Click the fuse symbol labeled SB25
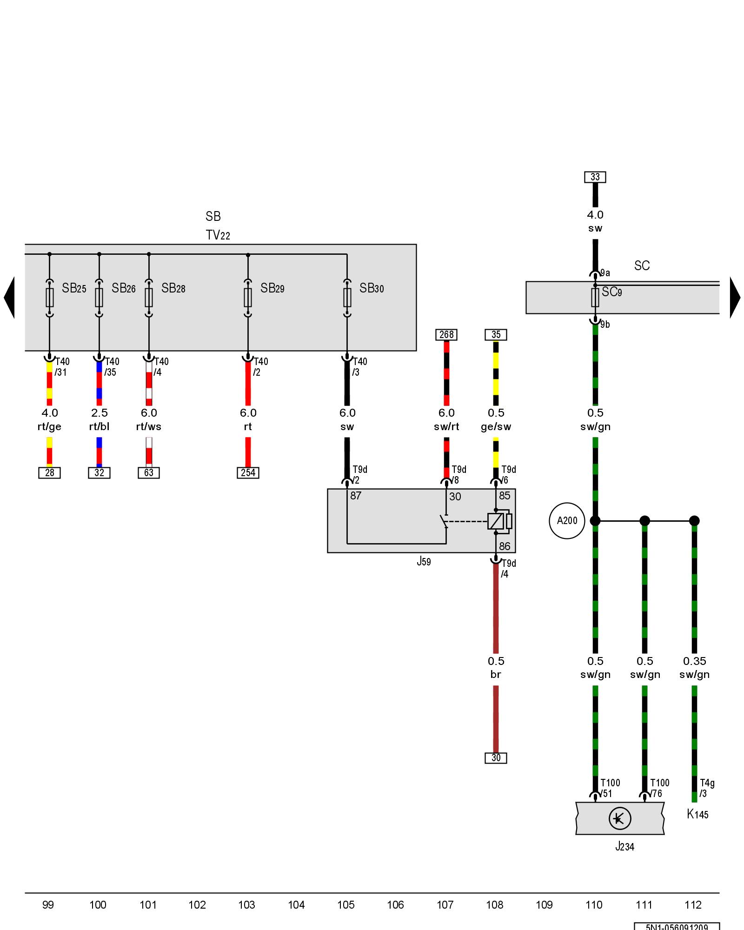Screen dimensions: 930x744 [50, 297]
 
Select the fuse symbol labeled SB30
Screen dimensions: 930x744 [347, 297]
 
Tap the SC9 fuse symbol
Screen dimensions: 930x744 [595, 297]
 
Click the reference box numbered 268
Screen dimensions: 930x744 [446, 335]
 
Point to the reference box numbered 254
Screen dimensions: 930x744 [248, 473]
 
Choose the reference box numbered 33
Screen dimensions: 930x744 [595, 177]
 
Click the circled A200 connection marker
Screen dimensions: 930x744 [567, 521]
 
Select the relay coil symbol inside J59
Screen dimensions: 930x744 [496, 521]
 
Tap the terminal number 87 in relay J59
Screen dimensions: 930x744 [356, 496]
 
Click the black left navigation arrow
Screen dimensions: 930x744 [9, 298]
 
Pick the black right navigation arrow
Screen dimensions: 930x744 [735, 298]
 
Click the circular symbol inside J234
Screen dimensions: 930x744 [619, 818]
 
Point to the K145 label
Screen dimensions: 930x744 [697, 814]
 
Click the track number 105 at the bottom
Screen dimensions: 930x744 [346, 905]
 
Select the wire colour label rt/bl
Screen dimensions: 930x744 [99, 427]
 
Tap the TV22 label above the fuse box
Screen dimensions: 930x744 [218, 235]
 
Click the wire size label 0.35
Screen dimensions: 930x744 [694, 661]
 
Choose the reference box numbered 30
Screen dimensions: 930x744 [496, 758]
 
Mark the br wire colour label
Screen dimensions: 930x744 [496, 675]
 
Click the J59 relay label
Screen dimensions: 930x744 [424, 562]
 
